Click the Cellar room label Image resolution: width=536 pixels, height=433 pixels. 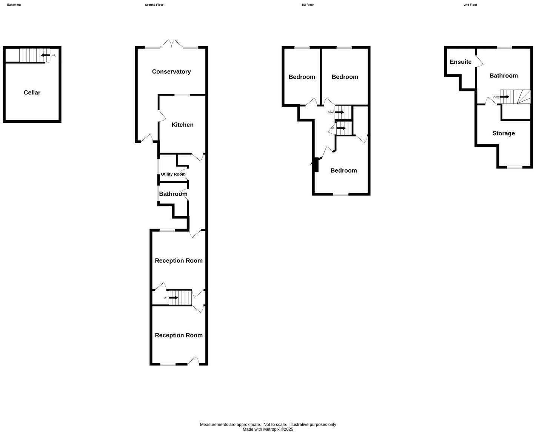[32, 93]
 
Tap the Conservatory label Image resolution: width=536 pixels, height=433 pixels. [171, 72]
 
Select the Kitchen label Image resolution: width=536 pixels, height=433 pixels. [182, 125]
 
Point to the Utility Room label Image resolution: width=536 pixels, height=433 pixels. [173, 174]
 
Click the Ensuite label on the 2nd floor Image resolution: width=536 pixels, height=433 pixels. [461, 62]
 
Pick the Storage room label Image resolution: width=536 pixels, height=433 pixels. [504, 133]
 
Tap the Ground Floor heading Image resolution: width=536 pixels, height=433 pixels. [154, 5]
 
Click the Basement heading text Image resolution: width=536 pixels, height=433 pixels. [14, 5]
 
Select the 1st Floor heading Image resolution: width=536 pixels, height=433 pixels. [308, 5]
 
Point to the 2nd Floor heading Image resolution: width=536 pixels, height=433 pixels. [470, 5]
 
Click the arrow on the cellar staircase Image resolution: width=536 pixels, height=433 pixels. [46, 56]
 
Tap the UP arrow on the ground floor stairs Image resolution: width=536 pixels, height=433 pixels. [173, 298]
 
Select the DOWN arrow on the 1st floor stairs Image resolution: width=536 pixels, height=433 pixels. [339, 112]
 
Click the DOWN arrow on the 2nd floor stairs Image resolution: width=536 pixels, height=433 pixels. [505, 97]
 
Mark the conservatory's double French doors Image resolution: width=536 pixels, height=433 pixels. [172, 44]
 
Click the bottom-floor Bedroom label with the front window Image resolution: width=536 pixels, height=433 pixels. [343, 171]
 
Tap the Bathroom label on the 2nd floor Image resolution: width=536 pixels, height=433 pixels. [504, 76]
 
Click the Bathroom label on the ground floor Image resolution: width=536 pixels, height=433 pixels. [173, 194]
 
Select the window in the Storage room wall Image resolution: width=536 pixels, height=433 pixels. [515, 167]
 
